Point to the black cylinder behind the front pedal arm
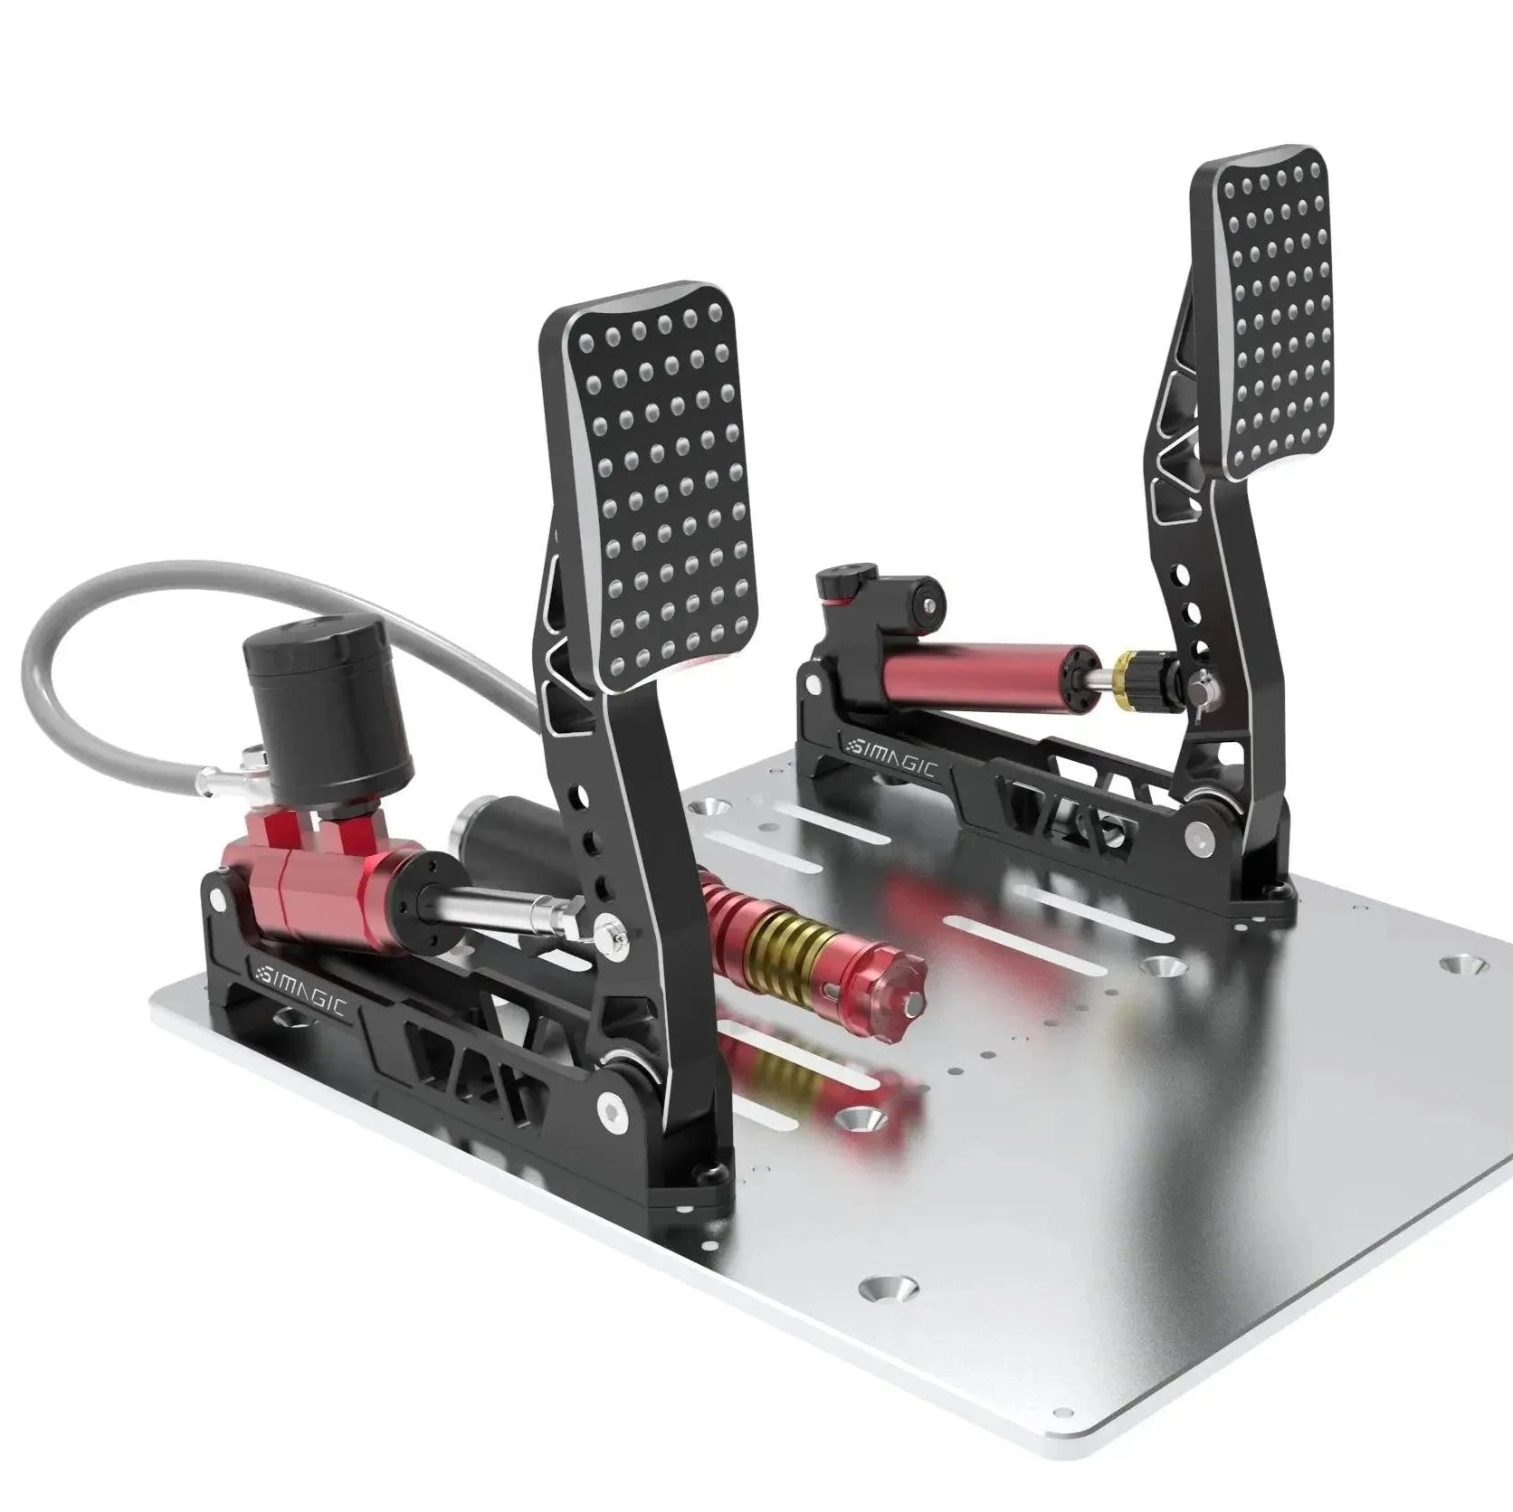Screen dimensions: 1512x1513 click(x=507, y=832)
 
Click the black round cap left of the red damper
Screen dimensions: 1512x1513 click(x=928, y=599)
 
